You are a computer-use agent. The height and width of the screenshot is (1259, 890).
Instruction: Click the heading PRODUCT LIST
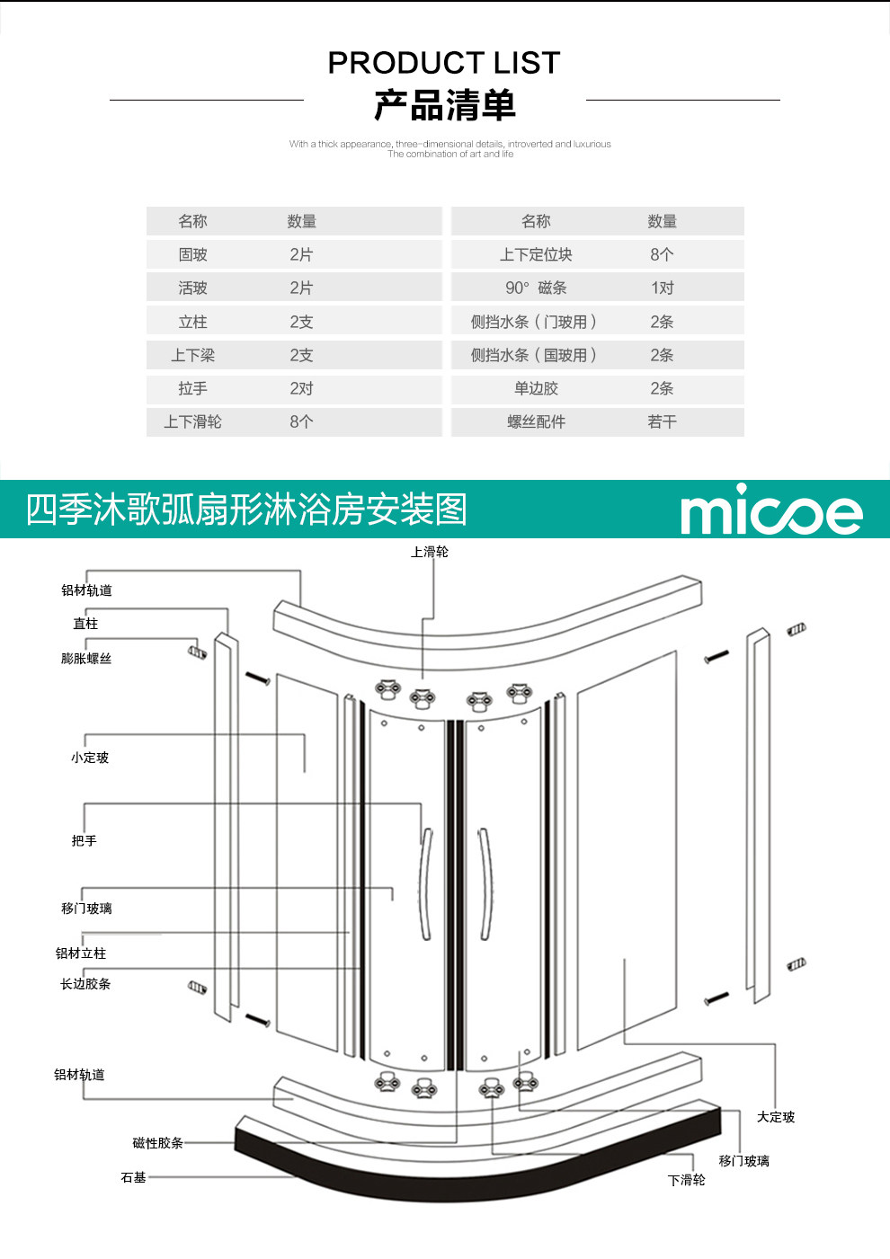tap(444, 62)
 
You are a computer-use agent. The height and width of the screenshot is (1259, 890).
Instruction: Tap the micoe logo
tap(771, 510)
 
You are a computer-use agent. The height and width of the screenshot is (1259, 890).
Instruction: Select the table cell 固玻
tap(193, 254)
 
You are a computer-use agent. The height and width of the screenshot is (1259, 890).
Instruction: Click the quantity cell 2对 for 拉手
tap(301, 388)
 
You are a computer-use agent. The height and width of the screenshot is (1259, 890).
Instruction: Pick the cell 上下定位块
tap(536, 254)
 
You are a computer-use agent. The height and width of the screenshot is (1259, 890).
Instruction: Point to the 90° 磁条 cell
tap(536, 288)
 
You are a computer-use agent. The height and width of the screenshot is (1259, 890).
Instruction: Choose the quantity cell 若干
tap(663, 421)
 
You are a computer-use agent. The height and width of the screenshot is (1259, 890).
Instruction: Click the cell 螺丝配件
tap(536, 421)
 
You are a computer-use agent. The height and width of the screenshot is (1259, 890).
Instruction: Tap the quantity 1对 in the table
tap(663, 288)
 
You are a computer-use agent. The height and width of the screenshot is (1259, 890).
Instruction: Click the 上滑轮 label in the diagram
tap(430, 552)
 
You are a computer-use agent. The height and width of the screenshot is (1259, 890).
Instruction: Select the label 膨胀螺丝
tap(86, 658)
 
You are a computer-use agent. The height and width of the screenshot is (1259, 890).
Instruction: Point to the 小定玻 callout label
tap(90, 758)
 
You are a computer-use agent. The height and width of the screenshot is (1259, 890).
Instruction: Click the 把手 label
tap(84, 840)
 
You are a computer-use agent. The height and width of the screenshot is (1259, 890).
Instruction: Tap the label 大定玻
tap(776, 1117)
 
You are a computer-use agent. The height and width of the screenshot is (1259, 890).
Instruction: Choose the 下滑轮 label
tap(687, 1180)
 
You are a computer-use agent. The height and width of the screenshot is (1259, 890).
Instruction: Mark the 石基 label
tap(133, 1177)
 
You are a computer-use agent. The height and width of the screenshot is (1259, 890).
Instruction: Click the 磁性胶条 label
tap(158, 1143)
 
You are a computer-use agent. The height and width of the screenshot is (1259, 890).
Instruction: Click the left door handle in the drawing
tap(427, 883)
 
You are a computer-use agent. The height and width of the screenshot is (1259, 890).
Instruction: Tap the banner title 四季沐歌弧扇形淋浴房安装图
tap(246, 510)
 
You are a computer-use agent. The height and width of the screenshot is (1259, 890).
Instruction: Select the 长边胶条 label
tap(85, 984)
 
